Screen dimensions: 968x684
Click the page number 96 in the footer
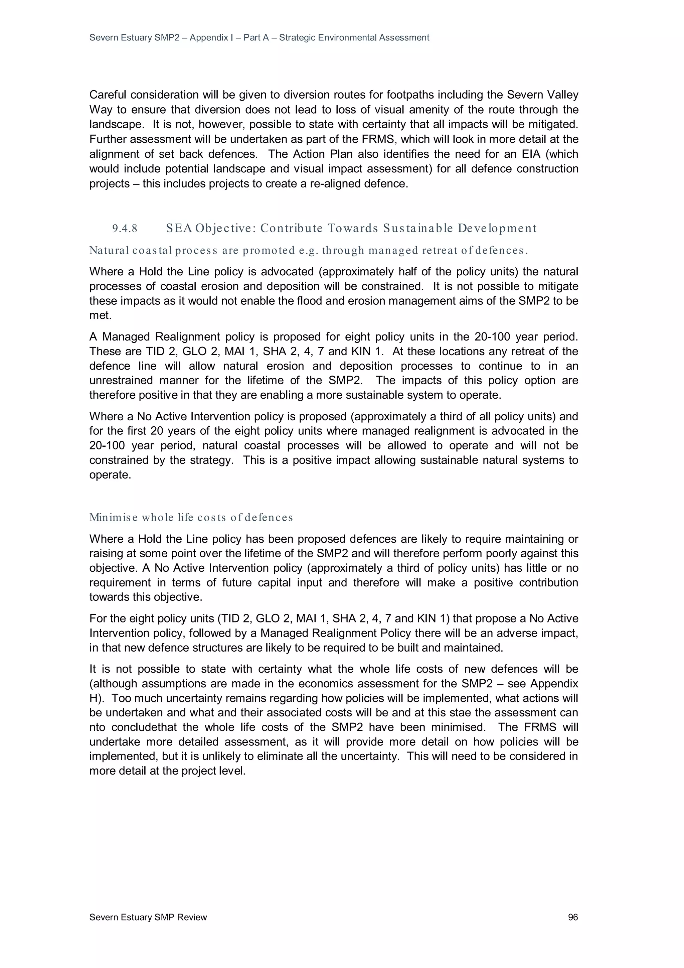coord(573,917)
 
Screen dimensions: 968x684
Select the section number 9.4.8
coord(125,229)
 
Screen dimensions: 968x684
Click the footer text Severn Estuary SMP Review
coord(148,917)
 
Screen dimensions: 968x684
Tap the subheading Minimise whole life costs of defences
coord(191,517)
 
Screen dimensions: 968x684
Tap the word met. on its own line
coord(100,315)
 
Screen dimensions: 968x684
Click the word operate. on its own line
coord(110,475)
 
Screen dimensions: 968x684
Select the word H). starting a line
coord(97,698)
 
